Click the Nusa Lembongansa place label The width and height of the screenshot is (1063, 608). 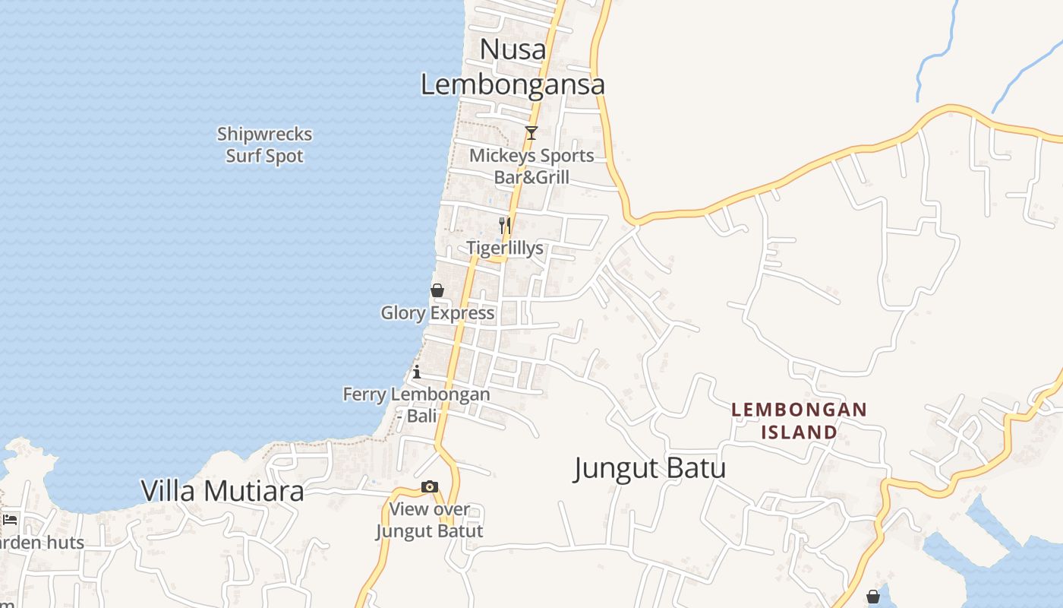pyautogui.click(x=513, y=67)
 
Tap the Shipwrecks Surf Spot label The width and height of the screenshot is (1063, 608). pyautogui.click(x=264, y=145)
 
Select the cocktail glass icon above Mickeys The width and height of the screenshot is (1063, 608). pyautogui.click(x=531, y=133)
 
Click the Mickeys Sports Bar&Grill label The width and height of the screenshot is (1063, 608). pyautogui.click(x=531, y=166)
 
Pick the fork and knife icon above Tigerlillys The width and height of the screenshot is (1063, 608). pyautogui.click(x=504, y=225)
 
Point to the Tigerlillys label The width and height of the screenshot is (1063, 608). pyautogui.click(x=505, y=248)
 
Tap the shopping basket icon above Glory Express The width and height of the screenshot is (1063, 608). pyautogui.click(x=437, y=290)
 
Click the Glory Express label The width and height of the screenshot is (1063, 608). pyautogui.click(x=437, y=312)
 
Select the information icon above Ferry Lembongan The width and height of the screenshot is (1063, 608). pyautogui.click(x=417, y=372)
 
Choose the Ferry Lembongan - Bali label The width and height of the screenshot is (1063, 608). pyautogui.click(x=416, y=405)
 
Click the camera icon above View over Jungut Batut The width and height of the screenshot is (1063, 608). pyautogui.click(x=430, y=486)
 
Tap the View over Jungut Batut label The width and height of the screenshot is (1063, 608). pyautogui.click(x=430, y=520)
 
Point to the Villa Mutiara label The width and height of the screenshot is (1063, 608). pyautogui.click(x=222, y=491)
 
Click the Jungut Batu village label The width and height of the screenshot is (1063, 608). pyautogui.click(x=650, y=467)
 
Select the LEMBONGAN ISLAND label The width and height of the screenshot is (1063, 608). pyautogui.click(x=799, y=421)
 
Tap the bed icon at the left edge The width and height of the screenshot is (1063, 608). pyautogui.click(x=10, y=520)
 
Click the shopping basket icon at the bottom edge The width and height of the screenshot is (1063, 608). pyautogui.click(x=873, y=597)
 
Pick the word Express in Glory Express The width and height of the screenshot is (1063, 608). pyautogui.click(x=465, y=312)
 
